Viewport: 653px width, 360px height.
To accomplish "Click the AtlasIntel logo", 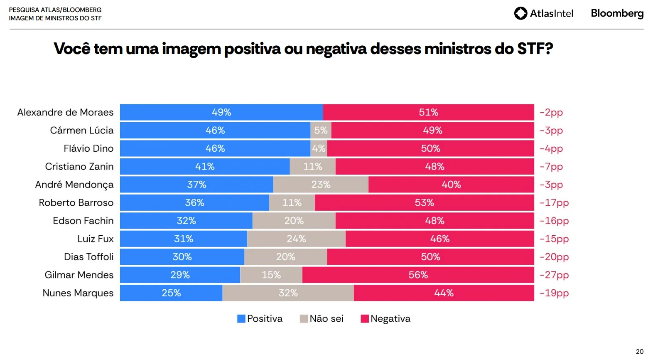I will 543,13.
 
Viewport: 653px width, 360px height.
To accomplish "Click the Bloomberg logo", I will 617,13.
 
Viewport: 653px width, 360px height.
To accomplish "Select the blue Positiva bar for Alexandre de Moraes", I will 221,112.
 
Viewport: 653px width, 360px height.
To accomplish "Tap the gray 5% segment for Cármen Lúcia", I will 321,131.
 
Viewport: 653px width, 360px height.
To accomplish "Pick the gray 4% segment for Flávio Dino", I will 319,148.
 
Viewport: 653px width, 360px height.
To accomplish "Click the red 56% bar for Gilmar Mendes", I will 418,275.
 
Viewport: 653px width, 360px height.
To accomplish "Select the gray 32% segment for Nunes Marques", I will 288,293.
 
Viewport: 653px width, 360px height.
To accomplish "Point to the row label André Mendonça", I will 74,185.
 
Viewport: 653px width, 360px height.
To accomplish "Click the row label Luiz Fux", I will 96,239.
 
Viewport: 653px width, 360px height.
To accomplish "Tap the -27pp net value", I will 554,275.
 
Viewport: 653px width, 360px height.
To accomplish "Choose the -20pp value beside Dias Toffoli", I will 554,257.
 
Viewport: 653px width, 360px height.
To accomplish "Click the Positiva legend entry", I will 260,318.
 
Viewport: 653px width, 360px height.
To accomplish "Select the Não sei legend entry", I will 322,318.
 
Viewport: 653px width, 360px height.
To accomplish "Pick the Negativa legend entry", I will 385,318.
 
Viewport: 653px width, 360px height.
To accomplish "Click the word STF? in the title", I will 535,49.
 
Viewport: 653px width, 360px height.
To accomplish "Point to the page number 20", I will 639,351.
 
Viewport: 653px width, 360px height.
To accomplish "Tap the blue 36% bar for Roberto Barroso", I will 194,202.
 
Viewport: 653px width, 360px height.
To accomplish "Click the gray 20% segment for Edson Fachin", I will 294,221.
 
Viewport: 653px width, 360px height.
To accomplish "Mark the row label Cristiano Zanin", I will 79,167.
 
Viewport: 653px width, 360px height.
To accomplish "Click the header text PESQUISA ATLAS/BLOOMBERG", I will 55,10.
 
